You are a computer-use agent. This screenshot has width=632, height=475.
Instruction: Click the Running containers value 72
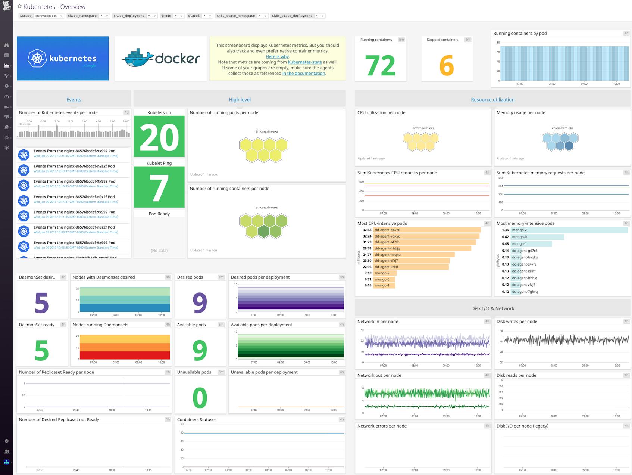tap(380, 66)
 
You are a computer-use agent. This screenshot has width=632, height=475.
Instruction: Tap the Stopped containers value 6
tap(447, 66)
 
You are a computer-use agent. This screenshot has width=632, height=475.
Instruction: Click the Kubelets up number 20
tap(159, 137)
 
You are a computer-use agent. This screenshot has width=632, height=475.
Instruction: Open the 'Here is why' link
tap(277, 57)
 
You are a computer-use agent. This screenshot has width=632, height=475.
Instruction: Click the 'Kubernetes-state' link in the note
tap(305, 62)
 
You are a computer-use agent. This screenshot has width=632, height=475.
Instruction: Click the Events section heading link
tap(73, 100)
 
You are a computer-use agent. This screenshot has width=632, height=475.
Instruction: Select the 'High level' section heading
tap(240, 100)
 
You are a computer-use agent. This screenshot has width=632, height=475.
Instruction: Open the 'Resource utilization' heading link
tap(492, 100)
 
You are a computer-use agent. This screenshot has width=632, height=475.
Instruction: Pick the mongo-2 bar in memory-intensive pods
tap(569, 230)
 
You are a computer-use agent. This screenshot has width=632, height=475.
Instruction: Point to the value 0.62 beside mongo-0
tap(505, 237)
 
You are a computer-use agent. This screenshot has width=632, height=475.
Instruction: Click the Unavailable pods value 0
tap(200, 398)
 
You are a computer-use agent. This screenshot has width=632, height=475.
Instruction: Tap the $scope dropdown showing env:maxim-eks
tap(49, 16)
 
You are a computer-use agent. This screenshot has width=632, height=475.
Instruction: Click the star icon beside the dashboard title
tap(20, 7)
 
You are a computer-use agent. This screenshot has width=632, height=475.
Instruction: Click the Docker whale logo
tap(137, 58)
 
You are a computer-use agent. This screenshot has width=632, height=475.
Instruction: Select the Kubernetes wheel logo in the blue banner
tap(37, 58)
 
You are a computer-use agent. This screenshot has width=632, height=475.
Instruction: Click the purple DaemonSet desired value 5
tap(42, 302)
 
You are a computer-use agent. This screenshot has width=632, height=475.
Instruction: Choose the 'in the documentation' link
tap(304, 74)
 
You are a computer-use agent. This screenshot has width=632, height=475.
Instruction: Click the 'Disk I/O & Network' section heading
tap(492, 308)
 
